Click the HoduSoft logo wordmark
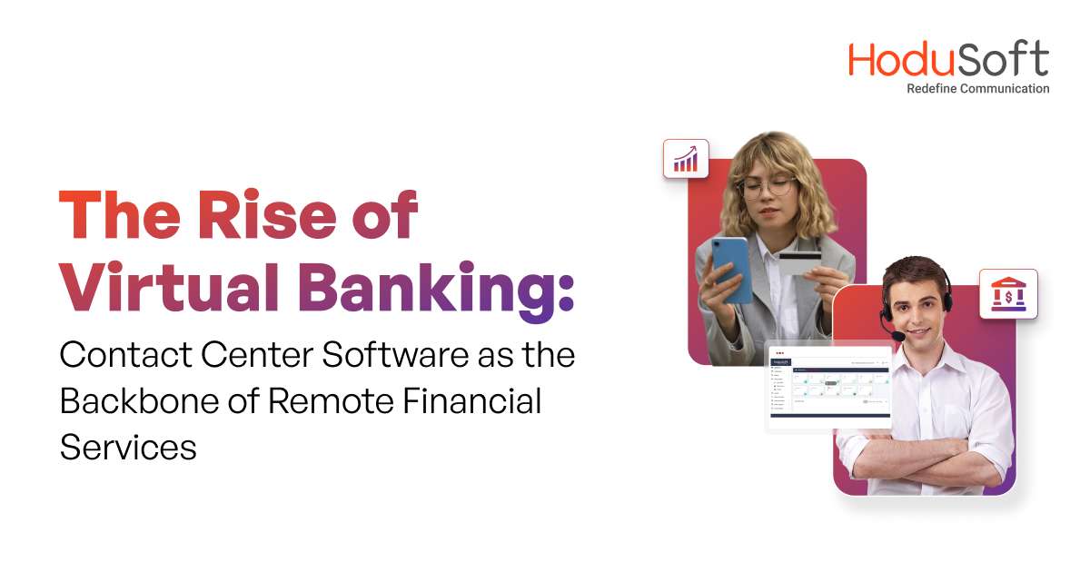(x=948, y=59)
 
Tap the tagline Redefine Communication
(x=978, y=89)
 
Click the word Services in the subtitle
(x=128, y=447)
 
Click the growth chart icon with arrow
(x=686, y=158)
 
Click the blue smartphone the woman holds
(x=732, y=269)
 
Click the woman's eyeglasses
(x=768, y=188)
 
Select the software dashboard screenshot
(x=829, y=387)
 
